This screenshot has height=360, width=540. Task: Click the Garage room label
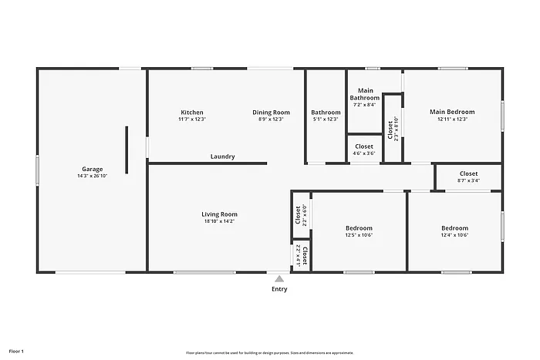click(93, 169)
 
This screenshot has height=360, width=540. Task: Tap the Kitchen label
click(192, 113)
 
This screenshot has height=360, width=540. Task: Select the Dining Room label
click(272, 113)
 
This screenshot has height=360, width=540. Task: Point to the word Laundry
click(223, 156)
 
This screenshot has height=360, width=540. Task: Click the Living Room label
click(220, 214)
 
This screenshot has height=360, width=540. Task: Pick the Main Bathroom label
click(365, 95)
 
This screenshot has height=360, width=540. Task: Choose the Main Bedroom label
click(452, 112)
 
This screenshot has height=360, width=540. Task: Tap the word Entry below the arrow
click(279, 290)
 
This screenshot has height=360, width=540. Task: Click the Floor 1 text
click(16, 352)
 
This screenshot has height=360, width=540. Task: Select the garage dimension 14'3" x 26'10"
click(93, 176)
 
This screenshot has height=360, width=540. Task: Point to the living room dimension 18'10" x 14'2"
click(220, 221)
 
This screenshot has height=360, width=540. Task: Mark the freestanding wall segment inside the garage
click(127, 151)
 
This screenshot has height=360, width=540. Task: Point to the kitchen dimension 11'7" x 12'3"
click(192, 119)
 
